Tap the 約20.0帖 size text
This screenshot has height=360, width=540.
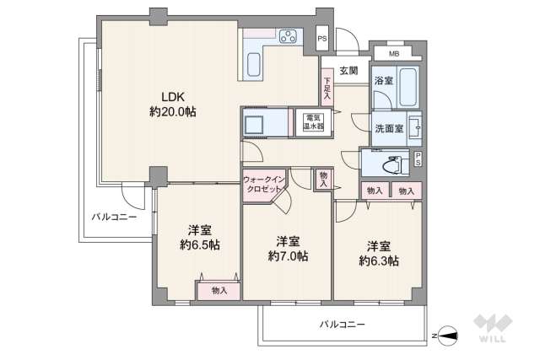(173, 111)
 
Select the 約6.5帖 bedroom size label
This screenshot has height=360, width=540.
(200, 245)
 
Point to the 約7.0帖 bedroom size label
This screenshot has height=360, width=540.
(288, 255)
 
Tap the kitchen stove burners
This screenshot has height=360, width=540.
(287, 36)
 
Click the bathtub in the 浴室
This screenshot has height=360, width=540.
(408, 86)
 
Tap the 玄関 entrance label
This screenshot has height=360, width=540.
(348, 70)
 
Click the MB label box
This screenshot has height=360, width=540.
(394, 54)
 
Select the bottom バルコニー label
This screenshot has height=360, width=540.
(342, 323)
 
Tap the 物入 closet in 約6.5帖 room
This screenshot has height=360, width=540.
(219, 290)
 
